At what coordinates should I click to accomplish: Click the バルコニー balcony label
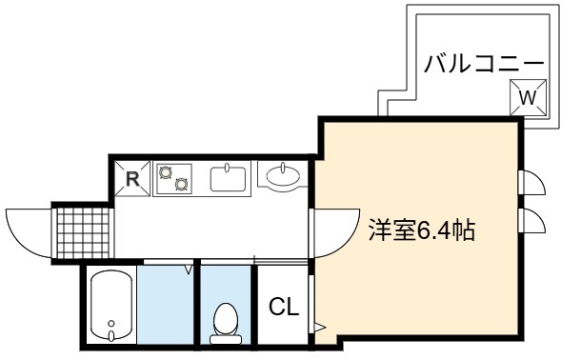484,64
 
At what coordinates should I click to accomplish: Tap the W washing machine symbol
528,97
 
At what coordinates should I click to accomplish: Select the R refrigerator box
132,178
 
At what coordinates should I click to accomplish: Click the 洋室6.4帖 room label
422,230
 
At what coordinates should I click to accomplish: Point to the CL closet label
284,307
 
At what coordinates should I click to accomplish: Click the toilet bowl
226,318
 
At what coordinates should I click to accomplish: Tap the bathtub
111,306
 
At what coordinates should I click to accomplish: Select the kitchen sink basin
228,179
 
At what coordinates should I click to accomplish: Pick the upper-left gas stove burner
165,172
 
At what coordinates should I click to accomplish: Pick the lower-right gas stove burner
181,184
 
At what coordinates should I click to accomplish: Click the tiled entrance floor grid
84,233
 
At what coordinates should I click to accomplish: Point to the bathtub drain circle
111,324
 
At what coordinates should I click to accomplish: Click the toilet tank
226,339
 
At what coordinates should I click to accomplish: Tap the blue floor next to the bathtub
166,305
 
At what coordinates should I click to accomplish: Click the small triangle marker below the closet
319,328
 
